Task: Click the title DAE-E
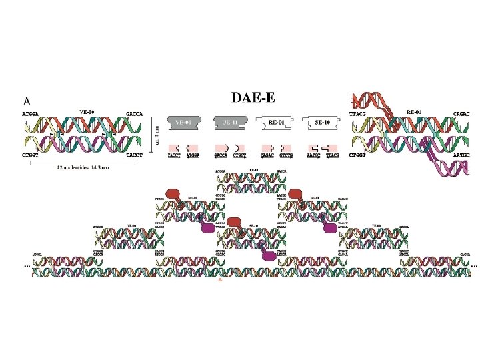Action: click(253, 97)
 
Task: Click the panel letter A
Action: click(27, 101)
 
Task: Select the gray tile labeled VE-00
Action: click(183, 123)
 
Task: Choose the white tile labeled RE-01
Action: click(273, 123)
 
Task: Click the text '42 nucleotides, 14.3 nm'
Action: click(82, 167)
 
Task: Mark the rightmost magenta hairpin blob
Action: click(329, 228)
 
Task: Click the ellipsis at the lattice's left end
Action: click(27, 265)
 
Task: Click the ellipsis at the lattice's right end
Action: click(474, 265)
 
